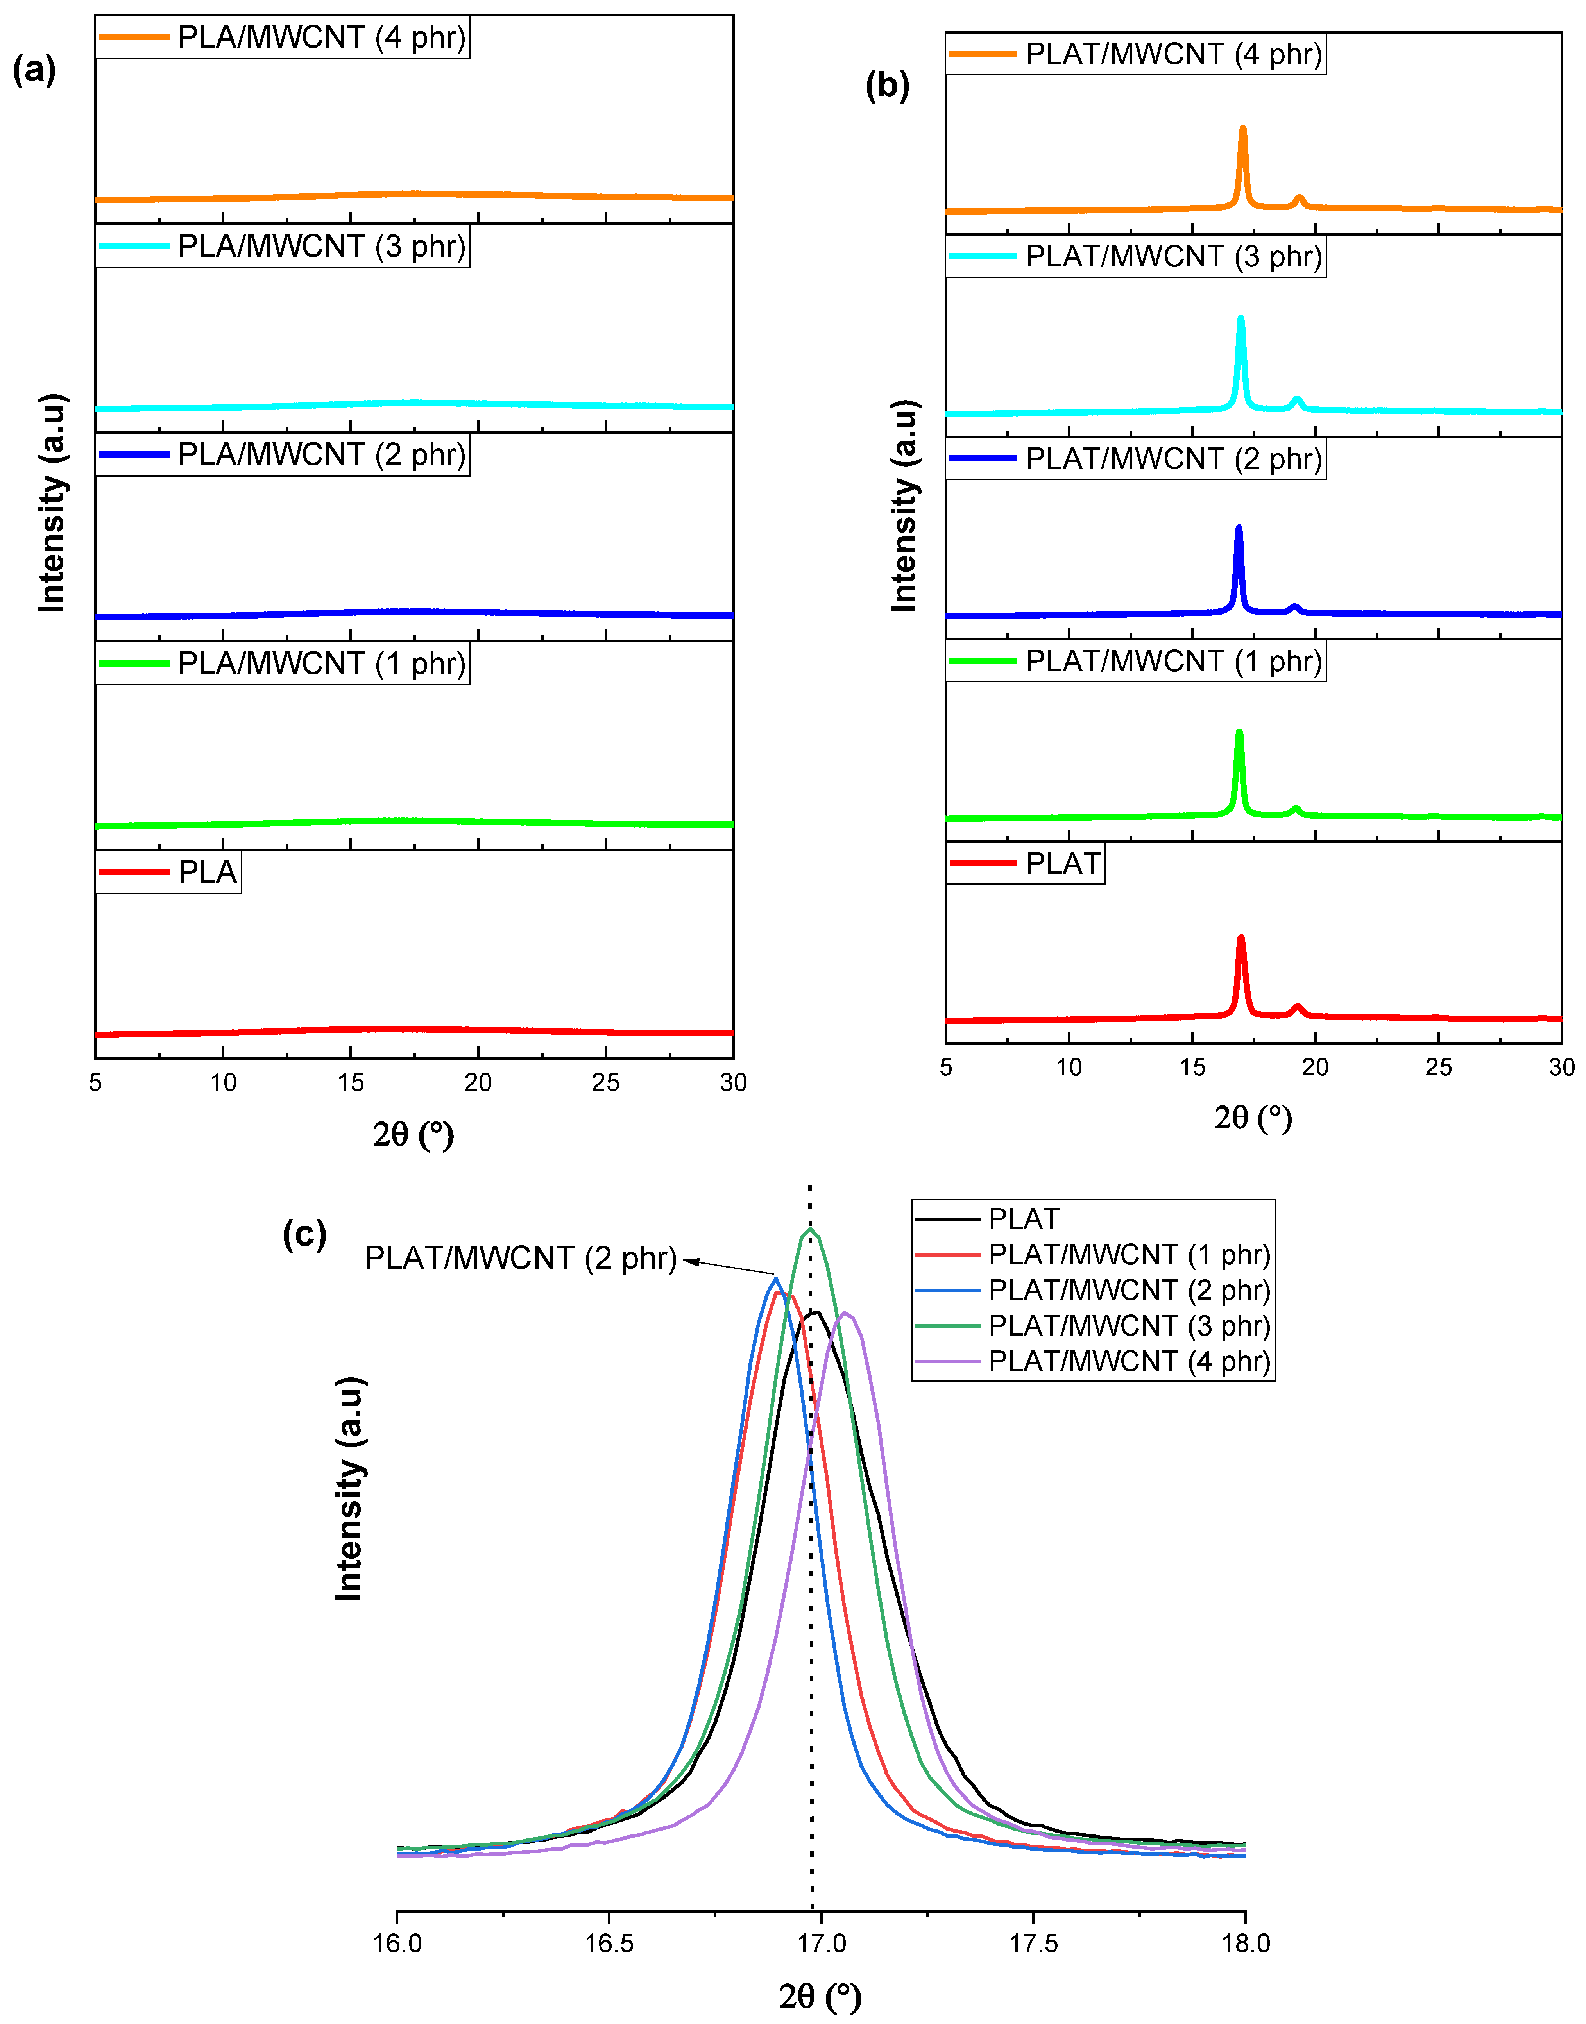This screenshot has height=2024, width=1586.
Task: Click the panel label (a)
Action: coord(34,70)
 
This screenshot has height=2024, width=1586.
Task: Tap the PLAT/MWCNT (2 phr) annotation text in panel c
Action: coord(520,1258)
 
